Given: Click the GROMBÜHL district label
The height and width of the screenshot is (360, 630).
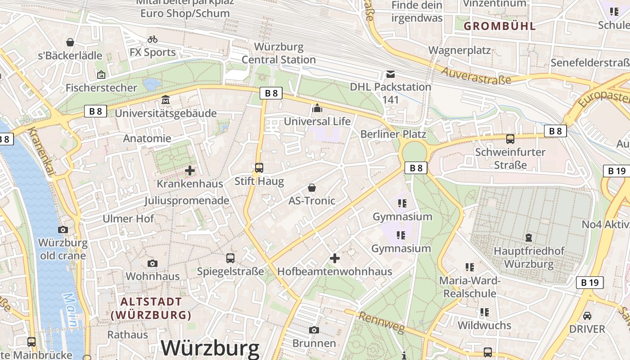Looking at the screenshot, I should [x=499, y=26].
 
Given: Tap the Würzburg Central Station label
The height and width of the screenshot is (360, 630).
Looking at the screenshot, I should [x=279, y=53].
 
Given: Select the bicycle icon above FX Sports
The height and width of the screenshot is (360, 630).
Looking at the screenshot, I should [x=153, y=39].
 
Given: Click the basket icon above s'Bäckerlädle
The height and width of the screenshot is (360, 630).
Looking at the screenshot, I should [x=70, y=42].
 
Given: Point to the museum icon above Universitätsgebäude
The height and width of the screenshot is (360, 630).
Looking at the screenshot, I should [x=166, y=99].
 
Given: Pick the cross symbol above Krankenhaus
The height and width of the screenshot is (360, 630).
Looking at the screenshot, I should [x=190, y=171].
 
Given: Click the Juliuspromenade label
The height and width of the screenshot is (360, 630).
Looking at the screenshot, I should [x=187, y=201].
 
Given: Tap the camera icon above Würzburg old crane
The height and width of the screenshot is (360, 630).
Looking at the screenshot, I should [x=63, y=229].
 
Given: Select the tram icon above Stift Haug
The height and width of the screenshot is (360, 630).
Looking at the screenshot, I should [x=259, y=168].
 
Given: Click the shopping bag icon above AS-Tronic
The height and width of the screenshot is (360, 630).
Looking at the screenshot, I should [x=311, y=187].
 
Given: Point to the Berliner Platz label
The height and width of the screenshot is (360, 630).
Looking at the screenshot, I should [x=393, y=134].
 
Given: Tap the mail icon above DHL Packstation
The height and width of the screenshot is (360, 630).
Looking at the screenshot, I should [x=390, y=73].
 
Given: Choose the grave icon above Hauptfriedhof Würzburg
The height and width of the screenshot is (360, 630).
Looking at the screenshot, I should [x=528, y=237].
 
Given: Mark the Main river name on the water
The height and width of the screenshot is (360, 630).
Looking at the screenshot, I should [x=72, y=310].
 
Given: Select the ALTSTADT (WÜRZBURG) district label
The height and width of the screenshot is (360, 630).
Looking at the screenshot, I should [x=151, y=308].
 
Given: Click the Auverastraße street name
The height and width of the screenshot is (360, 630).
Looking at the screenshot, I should [x=476, y=76].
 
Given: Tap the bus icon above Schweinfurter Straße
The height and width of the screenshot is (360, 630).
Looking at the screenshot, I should [x=510, y=139].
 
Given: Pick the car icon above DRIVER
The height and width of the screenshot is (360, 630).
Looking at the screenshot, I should [x=587, y=315].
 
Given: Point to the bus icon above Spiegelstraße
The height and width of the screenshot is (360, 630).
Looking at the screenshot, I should [x=230, y=258].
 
